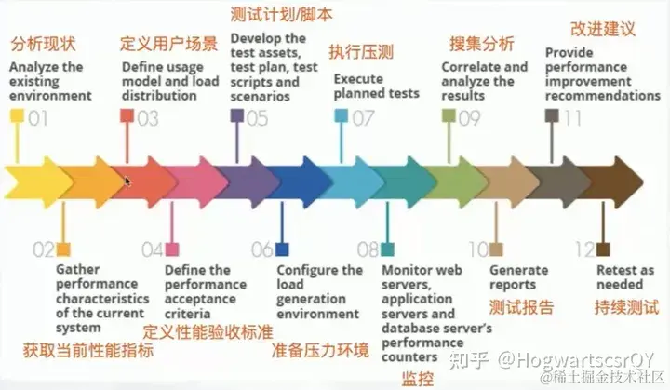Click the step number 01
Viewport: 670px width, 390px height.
pos(38,117)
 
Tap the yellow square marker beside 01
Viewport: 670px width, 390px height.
pos(17,117)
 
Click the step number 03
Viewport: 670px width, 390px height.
pos(147,117)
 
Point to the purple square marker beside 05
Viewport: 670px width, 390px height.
pos(236,116)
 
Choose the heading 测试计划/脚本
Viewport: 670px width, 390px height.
pos(280,15)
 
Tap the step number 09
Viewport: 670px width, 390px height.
pos(469,117)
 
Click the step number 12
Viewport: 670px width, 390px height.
pos(583,249)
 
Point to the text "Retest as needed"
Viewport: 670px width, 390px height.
pos(625,277)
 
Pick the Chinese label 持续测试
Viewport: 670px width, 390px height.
pos(626,307)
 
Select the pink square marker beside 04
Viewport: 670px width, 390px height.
pos(173,249)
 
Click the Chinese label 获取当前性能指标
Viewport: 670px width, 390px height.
pos(88,352)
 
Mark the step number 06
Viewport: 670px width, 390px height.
pos(261,249)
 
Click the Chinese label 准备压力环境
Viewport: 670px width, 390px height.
pos(320,351)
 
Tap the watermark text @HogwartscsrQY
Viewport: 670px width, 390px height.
pos(578,358)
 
